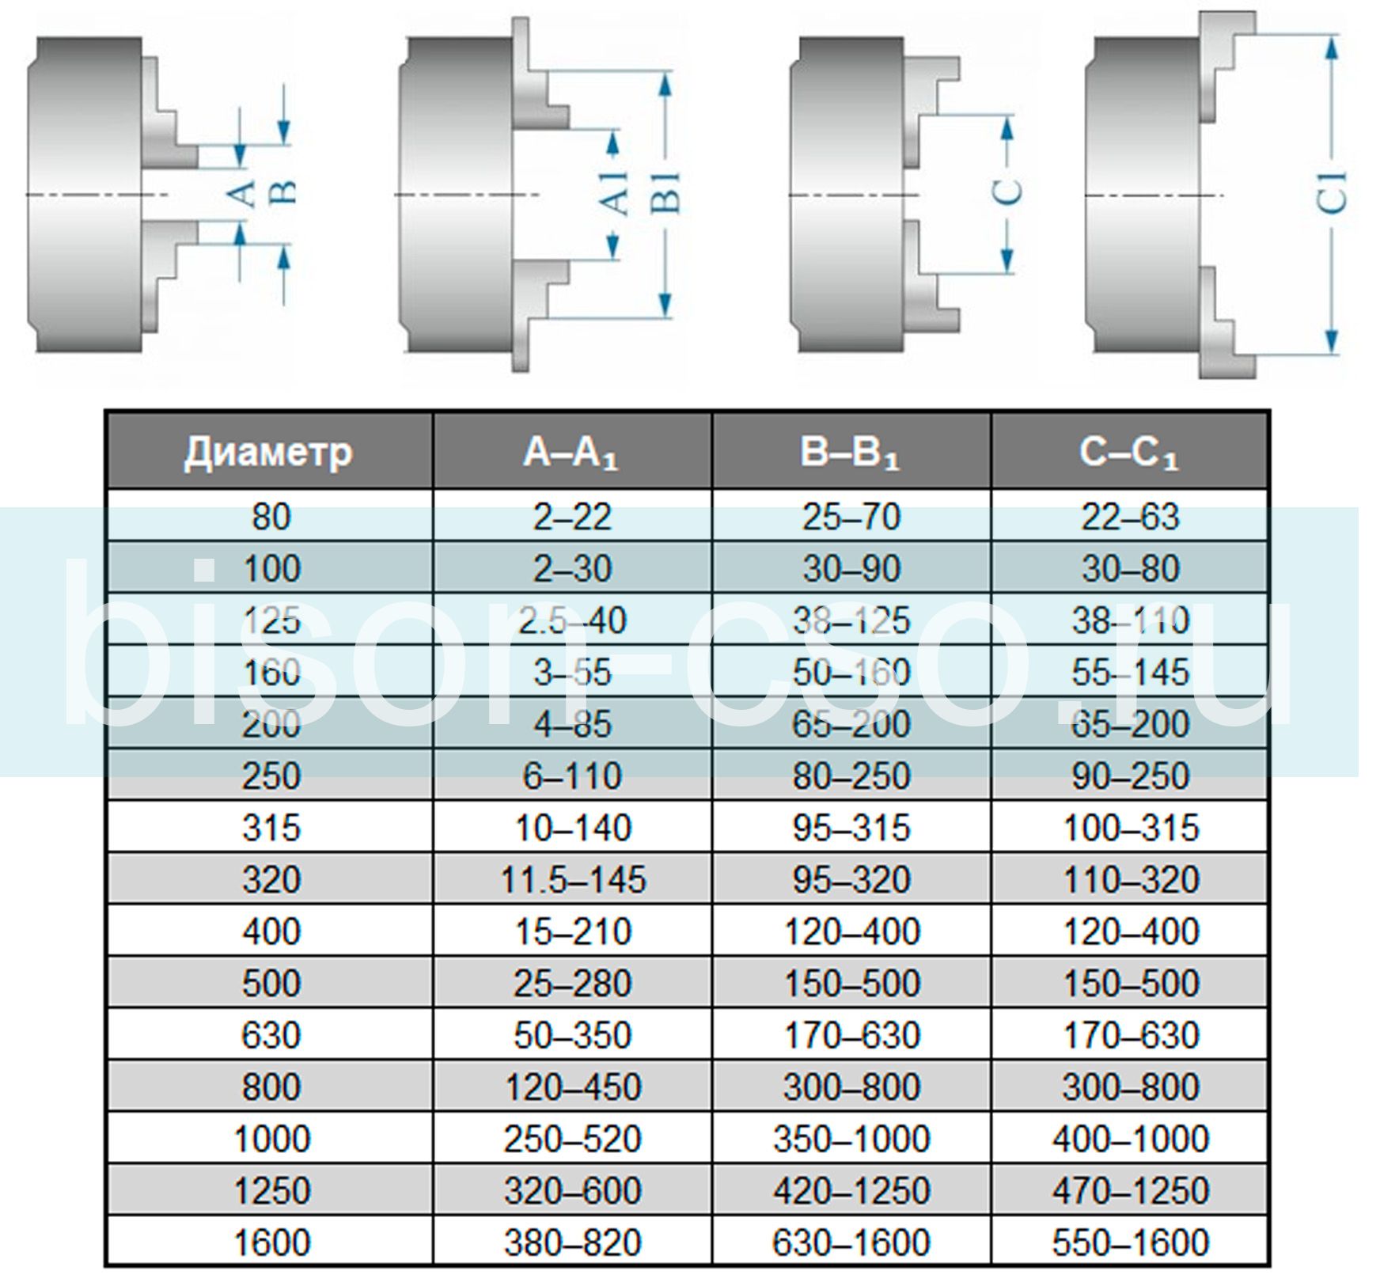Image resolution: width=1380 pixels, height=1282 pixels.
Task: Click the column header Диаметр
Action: [x=268, y=453]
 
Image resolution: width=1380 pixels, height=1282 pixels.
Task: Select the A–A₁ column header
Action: [x=571, y=453]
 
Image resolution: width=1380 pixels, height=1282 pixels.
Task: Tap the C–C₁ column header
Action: [x=1129, y=453]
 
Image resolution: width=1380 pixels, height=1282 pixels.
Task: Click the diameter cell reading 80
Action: [x=271, y=517]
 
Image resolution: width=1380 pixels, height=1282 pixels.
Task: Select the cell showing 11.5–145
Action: [x=573, y=879]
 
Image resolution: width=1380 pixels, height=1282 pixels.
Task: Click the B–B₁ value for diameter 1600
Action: [x=851, y=1242]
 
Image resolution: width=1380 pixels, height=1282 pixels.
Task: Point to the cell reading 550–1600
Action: [x=1130, y=1242]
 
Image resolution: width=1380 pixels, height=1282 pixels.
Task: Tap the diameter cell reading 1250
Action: [x=271, y=1190]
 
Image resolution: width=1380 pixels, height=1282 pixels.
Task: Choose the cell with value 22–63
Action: [x=1130, y=517]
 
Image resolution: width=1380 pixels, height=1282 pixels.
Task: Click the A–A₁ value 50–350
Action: [x=572, y=1035]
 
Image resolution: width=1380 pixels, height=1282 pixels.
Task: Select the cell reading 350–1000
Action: [x=851, y=1139]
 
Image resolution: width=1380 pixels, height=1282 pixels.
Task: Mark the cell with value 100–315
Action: [x=1130, y=828]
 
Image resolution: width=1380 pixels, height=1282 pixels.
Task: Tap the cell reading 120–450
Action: [x=572, y=1087]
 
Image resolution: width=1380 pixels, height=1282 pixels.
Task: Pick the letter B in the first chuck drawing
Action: [x=284, y=192]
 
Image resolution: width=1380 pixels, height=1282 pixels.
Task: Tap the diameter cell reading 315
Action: [x=271, y=828]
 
